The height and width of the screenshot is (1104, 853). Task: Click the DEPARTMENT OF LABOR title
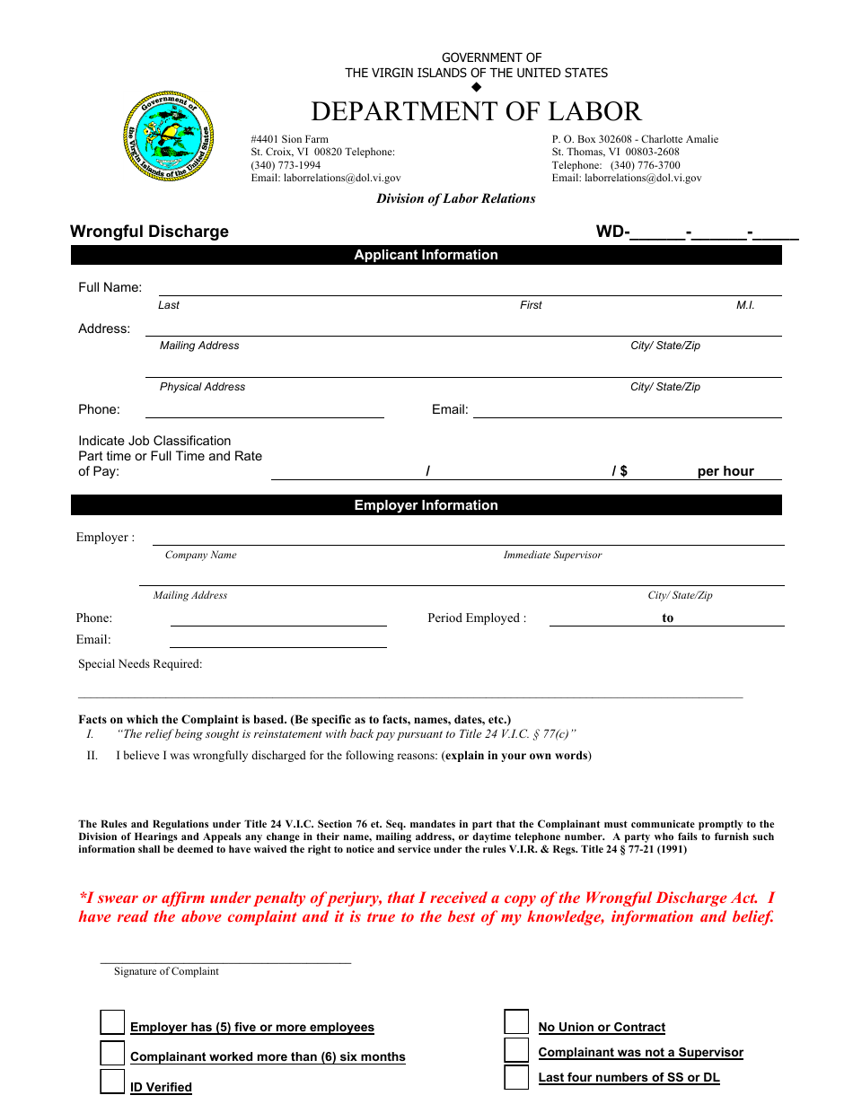476,111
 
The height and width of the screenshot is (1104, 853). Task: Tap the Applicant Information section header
426,255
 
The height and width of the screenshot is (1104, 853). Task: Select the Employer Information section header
426,505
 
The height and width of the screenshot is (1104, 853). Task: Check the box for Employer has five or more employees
112,1022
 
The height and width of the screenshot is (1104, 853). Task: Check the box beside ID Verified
112,1082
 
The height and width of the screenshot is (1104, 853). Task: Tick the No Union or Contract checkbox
516,1022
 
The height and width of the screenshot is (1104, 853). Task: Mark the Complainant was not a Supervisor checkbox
516,1050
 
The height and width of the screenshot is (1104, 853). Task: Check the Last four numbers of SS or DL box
516,1077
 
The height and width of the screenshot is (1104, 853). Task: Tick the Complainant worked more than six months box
112,1052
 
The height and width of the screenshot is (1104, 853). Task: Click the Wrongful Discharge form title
149,232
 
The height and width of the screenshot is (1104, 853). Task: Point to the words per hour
725,471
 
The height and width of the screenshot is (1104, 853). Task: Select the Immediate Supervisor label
552,556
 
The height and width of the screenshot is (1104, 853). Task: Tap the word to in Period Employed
667,618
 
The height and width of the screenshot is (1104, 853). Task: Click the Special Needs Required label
140,664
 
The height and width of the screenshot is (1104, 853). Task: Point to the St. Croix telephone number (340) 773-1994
286,165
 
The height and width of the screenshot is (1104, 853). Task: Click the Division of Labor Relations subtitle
455,199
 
